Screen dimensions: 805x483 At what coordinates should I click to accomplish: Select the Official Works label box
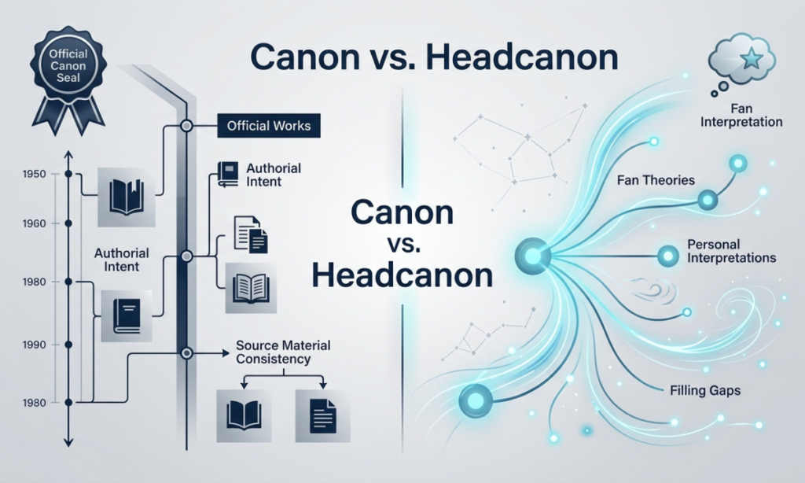269,126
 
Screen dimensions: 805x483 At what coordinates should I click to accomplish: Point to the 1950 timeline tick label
35,174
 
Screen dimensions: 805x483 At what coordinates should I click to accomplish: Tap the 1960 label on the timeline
35,223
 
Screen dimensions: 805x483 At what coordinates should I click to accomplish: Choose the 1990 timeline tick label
35,345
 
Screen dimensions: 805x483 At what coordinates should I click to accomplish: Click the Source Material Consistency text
283,352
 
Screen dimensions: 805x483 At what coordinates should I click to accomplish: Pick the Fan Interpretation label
741,116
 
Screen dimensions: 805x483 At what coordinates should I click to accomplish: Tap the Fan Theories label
656,180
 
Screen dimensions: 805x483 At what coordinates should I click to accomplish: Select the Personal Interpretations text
731,251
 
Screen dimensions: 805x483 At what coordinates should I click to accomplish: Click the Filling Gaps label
705,390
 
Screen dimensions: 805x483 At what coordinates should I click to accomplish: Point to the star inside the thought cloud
752,60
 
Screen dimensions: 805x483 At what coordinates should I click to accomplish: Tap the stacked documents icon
251,234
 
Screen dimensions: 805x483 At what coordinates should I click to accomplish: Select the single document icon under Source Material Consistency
322,415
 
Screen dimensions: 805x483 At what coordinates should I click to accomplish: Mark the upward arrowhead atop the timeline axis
69,155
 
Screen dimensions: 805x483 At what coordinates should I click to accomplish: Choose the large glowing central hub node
532,256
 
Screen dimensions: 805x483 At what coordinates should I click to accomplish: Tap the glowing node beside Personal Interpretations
668,256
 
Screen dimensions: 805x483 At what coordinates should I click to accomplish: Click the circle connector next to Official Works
187,125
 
